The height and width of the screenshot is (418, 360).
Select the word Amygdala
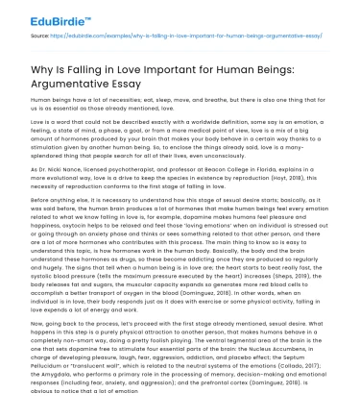[x=47, y=380]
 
